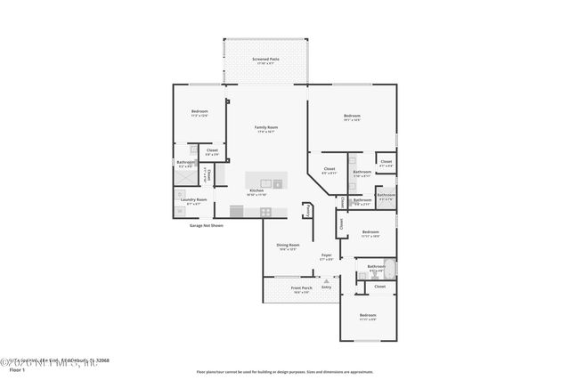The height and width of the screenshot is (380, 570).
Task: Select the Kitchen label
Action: (256, 190)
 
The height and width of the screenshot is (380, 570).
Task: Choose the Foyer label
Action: (327, 255)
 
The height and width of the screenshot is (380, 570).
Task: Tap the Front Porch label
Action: (301, 287)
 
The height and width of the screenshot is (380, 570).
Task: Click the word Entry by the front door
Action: (327, 287)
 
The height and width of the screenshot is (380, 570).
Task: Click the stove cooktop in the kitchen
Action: (265, 211)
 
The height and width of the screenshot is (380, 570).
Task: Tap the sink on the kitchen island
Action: (277, 183)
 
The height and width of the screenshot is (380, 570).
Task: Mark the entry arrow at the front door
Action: (327, 280)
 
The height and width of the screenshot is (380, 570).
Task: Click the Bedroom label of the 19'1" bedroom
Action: (353, 116)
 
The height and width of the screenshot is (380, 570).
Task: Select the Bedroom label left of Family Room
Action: (199, 111)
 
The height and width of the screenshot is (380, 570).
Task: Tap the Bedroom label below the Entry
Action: (368, 315)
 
